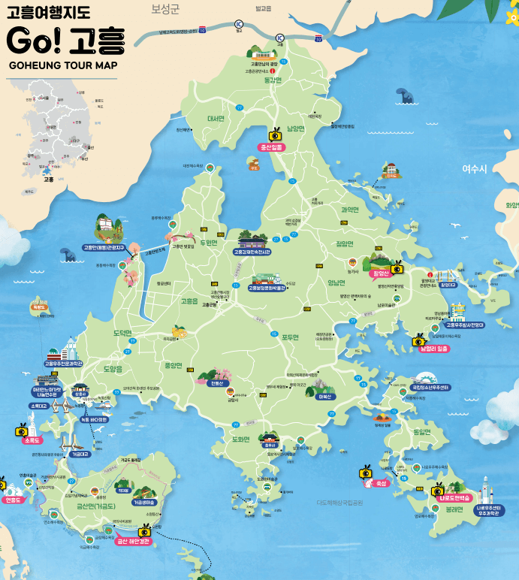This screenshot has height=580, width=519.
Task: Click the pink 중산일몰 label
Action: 271,148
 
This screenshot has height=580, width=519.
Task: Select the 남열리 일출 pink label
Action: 433,349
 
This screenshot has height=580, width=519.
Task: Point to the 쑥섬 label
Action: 381,483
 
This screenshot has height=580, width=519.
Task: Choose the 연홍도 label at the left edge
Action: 14,500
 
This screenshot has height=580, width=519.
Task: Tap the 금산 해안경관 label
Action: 128,541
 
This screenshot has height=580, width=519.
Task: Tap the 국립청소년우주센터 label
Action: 430,388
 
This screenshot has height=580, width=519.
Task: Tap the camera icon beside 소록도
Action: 22,430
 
